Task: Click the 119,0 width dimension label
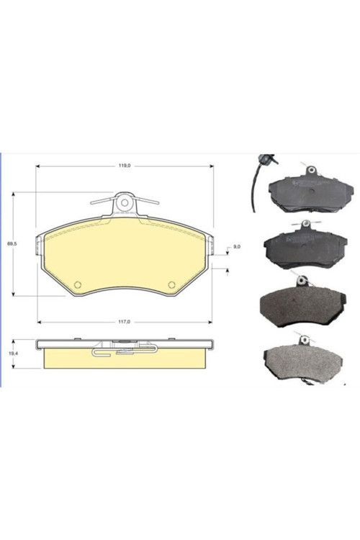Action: [x=125, y=166]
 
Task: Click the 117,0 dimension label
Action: [x=125, y=322]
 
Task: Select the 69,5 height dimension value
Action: [x=13, y=243]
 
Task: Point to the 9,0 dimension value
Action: [x=237, y=246]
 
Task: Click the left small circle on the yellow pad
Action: [x=78, y=284]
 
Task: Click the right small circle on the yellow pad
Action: [x=171, y=284]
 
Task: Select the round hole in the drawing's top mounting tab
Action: [x=125, y=203]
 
